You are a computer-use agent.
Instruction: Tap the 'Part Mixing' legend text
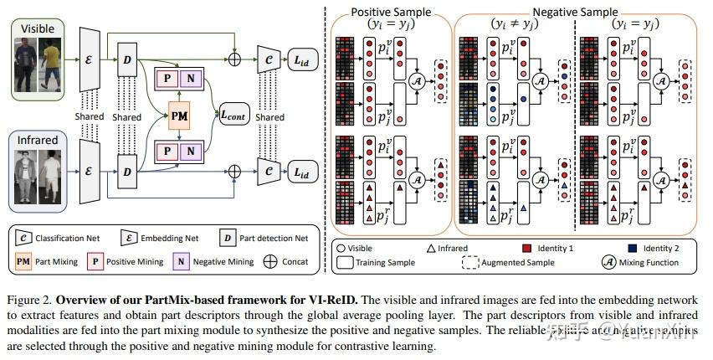click(59, 262)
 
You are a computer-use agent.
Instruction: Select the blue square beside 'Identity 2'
click(635, 248)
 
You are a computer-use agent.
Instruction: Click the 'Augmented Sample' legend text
click(516, 262)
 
